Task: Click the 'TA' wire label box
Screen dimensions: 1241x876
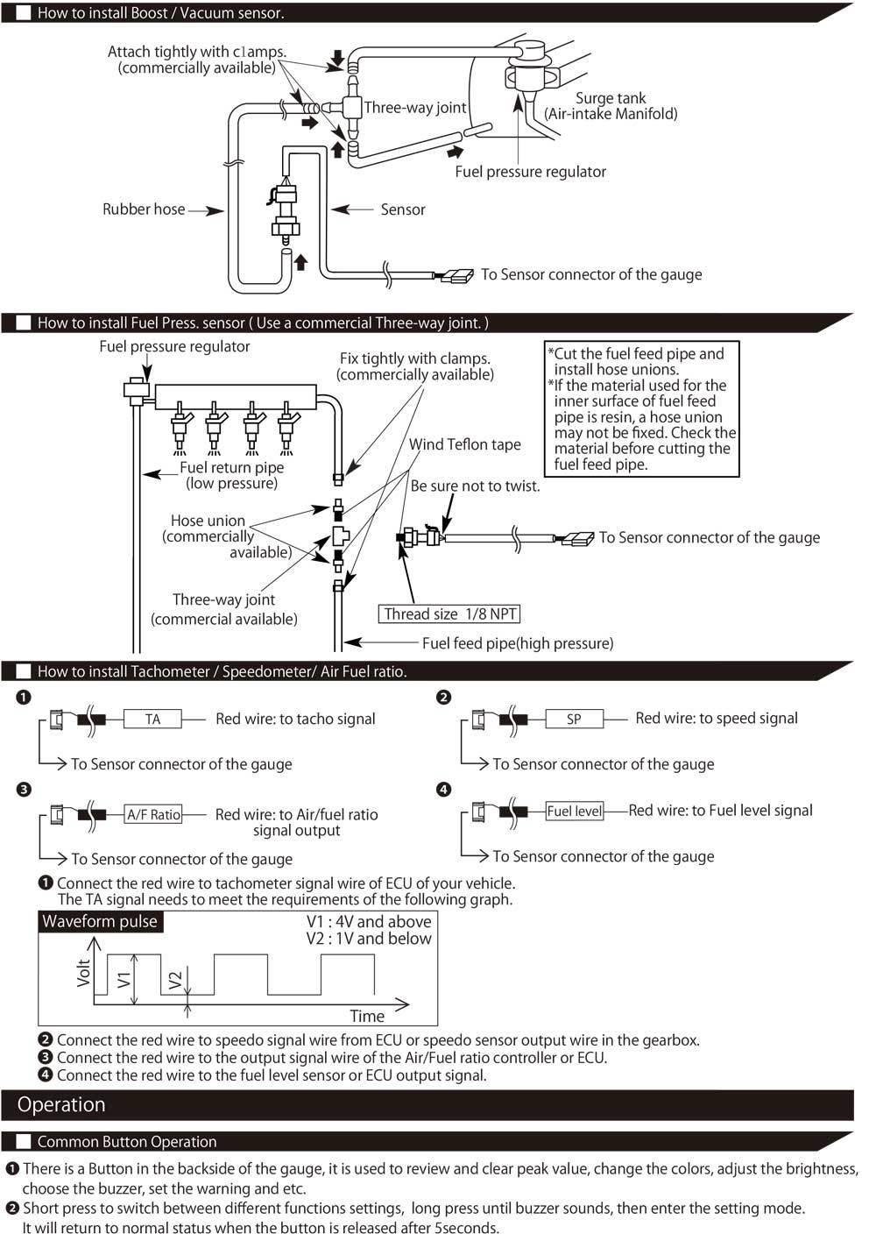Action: [153, 720]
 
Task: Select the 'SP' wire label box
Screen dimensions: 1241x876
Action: [574, 720]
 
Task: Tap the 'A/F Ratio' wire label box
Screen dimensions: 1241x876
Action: [153, 814]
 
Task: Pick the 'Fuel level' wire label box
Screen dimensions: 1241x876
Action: [575, 812]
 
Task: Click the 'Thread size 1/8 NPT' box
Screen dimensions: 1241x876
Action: [450, 614]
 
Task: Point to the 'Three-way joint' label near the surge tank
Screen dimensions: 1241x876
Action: [415, 108]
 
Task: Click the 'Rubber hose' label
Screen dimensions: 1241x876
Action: [144, 209]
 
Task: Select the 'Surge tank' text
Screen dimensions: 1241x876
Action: [611, 98]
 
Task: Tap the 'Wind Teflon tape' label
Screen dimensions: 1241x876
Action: [464, 444]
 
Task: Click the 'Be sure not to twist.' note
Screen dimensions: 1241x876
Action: [475, 486]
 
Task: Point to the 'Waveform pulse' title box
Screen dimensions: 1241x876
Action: [100, 922]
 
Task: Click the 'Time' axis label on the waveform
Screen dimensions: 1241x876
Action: [367, 1017]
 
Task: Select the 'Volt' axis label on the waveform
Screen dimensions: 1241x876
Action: [84, 973]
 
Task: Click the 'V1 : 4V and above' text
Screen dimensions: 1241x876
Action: [369, 922]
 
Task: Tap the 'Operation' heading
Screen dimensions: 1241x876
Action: [61, 1105]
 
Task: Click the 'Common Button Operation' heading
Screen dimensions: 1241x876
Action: [127, 1142]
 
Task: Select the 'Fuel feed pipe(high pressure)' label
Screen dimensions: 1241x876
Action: [518, 643]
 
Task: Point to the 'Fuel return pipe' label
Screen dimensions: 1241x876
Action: [232, 468]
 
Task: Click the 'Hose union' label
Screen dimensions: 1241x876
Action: [208, 521]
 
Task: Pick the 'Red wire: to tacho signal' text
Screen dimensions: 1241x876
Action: [295, 720]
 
